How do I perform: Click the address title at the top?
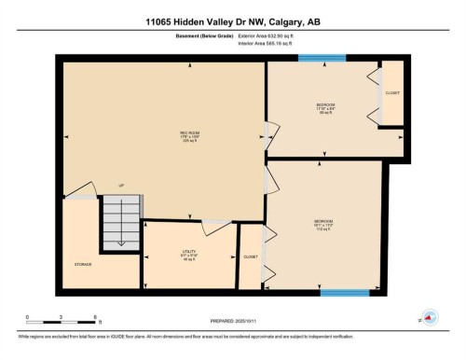tap(232, 21)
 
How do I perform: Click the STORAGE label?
tap(83, 265)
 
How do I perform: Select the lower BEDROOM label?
tap(323, 223)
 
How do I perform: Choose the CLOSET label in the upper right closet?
tap(392, 93)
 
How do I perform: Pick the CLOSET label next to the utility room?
tap(251, 256)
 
